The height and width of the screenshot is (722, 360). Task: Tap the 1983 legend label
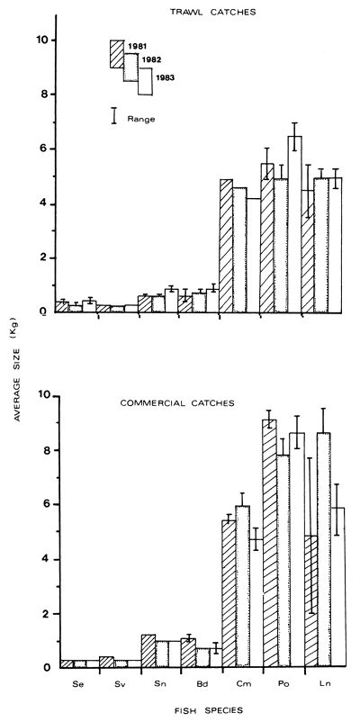164,77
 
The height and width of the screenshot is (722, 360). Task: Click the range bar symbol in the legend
114,115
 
